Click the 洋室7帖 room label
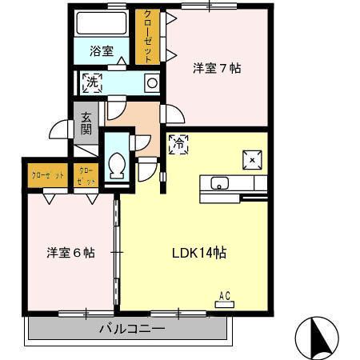click(x=217, y=68)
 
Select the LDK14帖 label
click(x=199, y=253)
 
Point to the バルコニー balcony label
click(x=132, y=329)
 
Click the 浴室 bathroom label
click(x=101, y=50)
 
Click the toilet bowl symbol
click(x=116, y=166)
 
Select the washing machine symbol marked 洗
click(x=93, y=82)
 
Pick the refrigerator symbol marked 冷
click(x=178, y=145)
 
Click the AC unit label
click(x=225, y=297)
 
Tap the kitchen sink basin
click(x=220, y=184)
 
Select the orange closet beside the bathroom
click(x=146, y=36)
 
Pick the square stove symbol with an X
click(x=253, y=160)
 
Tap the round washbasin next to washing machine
click(x=150, y=82)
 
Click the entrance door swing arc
click(x=58, y=130)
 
